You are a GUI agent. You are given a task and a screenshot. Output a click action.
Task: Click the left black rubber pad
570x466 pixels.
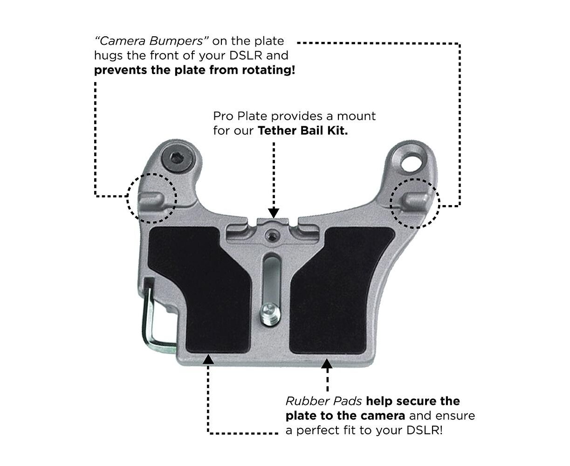200,287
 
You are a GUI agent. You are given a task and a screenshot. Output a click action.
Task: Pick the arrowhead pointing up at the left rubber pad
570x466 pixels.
208,359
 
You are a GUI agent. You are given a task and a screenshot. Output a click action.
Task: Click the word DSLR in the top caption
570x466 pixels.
246,55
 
